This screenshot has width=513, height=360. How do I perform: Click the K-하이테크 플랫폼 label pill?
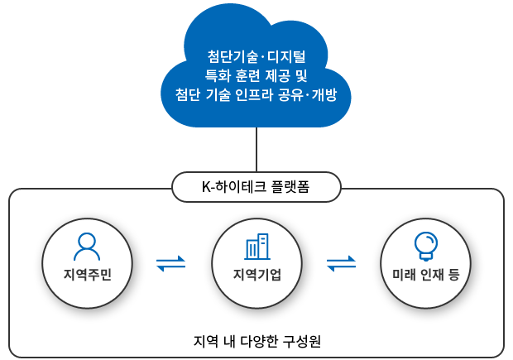(x=256, y=186)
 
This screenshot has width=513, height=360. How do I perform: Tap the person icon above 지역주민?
(x=87, y=246)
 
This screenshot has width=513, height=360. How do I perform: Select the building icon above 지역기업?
(x=257, y=246)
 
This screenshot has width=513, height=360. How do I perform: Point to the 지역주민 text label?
(x=87, y=274)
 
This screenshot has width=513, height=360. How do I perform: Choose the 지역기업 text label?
(x=257, y=274)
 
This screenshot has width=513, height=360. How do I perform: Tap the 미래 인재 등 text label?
(x=425, y=274)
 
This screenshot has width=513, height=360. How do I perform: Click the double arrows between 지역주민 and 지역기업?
(x=171, y=264)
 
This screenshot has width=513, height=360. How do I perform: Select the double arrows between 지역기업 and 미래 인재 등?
(x=341, y=264)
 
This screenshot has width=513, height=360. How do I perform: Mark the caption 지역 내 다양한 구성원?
(x=256, y=340)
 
